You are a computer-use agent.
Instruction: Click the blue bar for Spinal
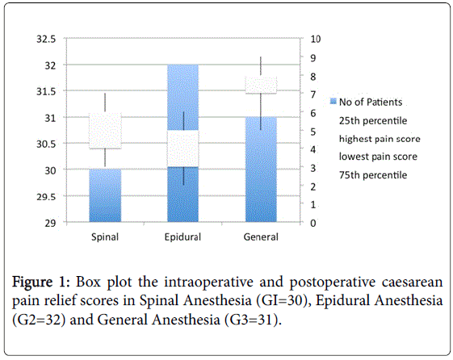pyautogui.click(x=105, y=195)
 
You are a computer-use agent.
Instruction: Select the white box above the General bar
pyautogui.click(x=261, y=86)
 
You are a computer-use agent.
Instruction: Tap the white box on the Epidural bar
pyautogui.click(x=182, y=149)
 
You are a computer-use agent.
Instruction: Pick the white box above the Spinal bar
pyautogui.click(x=105, y=131)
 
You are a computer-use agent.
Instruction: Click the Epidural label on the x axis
pyautogui.click(x=182, y=237)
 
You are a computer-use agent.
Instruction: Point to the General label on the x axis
pyautogui.click(x=261, y=237)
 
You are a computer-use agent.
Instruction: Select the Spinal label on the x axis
pyautogui.click(x=105, y=237)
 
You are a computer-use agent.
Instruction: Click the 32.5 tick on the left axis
pyautogui.click(x=46, y=39)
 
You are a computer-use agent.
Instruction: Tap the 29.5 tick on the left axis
pyautogui.click(x=46, y=197)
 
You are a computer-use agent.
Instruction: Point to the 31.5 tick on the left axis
pyautogui.click(x=46, y=91)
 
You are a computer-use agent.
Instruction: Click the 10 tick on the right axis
pyautogui.click(x=316, y=39)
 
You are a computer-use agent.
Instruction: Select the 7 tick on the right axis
pyautogui.click(x=313, y=94)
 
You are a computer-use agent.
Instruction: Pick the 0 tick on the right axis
pyautogui.click(x=313, y=223)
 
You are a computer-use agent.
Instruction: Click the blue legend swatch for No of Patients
pyautogui.click(x=333, y=102)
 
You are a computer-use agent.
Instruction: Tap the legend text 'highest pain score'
pyautogui.click(x=380, y=139)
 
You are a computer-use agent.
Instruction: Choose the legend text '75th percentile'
pyautogui.click(x=373, y=175)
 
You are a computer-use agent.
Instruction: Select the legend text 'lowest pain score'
pyautogui.click(x=378, y=157)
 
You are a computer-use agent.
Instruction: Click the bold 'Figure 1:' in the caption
pyautogui.click(x=40, y=282)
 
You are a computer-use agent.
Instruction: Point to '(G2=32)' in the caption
pyautogui.click(x=39, y=320)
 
